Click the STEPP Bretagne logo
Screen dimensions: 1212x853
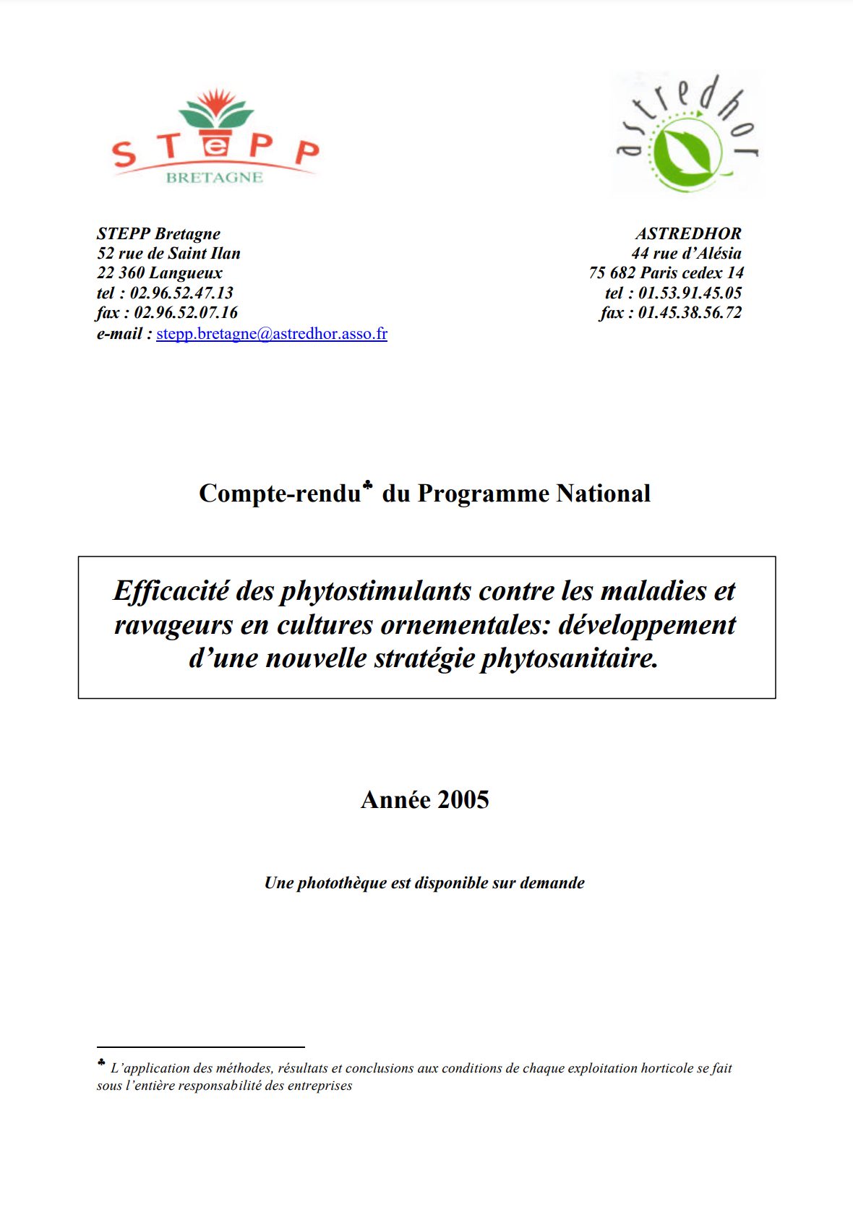[215, 138]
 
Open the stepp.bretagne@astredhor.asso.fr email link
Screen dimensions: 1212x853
[272, 333]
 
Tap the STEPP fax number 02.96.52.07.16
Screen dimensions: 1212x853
[186, 312]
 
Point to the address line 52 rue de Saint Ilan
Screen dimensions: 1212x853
[168, 253]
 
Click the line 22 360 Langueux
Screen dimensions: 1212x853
[160, 272]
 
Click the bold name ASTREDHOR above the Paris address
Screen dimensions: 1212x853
[688, 233]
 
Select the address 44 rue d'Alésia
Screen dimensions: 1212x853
[686, 253]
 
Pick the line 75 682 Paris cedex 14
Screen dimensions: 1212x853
[666, 272]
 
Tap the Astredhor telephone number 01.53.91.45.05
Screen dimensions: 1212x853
[690, 293]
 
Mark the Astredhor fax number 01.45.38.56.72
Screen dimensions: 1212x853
[690, 312]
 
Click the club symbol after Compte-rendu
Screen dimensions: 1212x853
[368, 485]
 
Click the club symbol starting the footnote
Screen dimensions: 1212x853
[101, 1063]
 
